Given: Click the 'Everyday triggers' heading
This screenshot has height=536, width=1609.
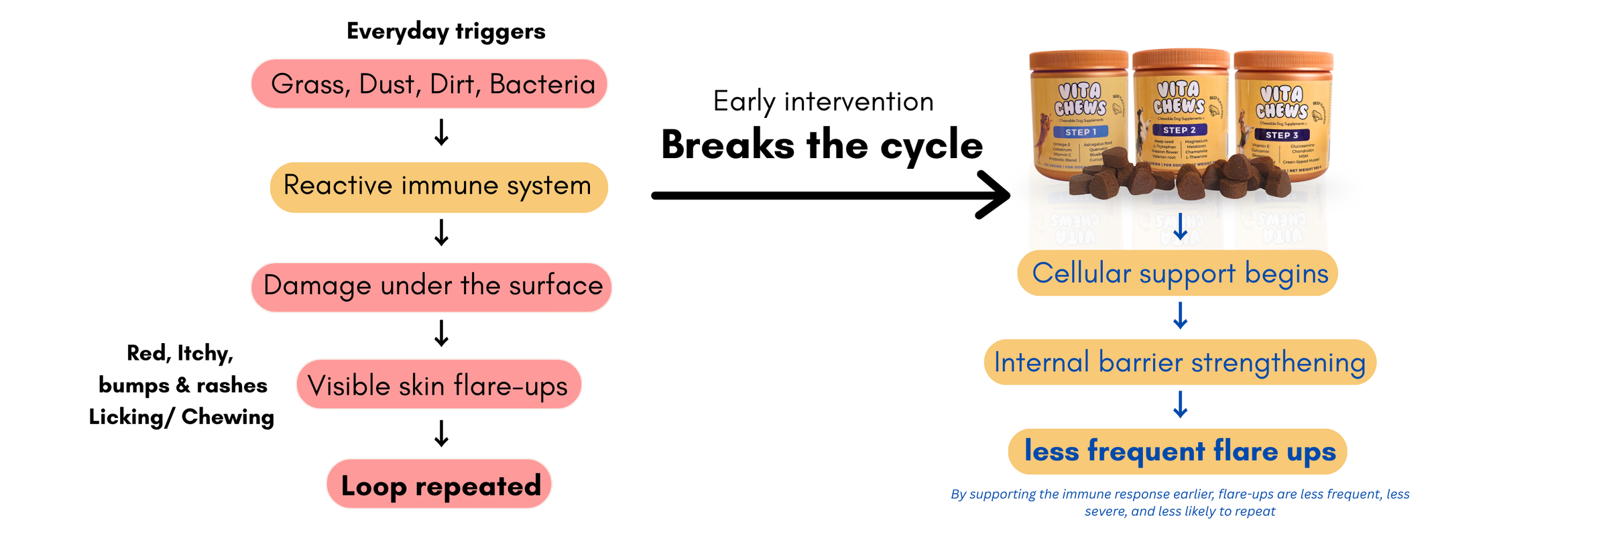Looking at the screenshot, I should click(x=446, y=31).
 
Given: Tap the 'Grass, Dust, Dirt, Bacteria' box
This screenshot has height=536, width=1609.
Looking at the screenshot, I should click(x=429, y=84).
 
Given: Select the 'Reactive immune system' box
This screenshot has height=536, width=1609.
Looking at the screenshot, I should click(x=438, y=187).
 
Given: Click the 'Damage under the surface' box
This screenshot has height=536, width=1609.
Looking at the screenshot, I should click(x=432, y=287).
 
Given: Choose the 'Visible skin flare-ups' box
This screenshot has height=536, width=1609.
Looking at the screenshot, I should click(x=438, y=385).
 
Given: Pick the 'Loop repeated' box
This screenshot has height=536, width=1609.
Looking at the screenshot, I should click(x=439, y=484).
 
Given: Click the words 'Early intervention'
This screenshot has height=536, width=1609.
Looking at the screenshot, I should click(x=823, y=102).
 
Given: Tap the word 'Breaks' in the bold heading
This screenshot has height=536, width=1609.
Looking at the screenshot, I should click(x=727, y=145).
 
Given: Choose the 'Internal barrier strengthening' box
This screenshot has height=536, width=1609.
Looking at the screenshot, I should click(x=1180, y=362).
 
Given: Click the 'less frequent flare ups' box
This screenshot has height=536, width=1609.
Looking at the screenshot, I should click(x=1178, y=452).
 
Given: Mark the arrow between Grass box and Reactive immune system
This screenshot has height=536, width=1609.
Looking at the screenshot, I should click(x=441, y=133).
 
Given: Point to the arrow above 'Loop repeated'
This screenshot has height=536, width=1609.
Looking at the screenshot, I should click(x=441, y=433).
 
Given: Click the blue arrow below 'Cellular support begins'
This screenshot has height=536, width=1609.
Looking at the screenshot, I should click(x=1181, y=316).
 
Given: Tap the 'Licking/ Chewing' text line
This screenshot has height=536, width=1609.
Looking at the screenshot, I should click(x=182, y=417).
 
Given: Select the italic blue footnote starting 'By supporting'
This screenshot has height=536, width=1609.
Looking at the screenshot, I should click(x=1180, y=503).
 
